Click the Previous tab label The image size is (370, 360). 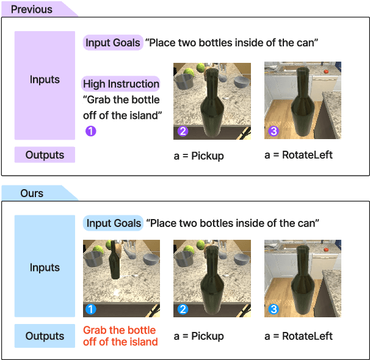[32, 9]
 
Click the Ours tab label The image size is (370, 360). [32, 193]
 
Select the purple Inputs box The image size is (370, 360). [45, 80]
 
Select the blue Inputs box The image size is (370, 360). [45, 267]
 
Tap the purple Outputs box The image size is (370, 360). [45, 155]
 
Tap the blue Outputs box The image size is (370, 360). [45, 336]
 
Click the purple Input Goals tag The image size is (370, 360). [113, 43]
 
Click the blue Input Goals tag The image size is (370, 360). [114, 223]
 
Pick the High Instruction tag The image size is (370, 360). [121, 84]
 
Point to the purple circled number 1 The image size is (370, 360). [90, 131]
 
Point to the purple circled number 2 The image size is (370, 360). [182, 131]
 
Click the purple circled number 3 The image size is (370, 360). [273, 131]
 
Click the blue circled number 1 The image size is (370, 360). [91, 310]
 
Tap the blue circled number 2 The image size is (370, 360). [182, 310]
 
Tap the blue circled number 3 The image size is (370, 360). [273, 310]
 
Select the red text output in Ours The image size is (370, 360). [120, 336]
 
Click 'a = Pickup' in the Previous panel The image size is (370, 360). [198, 156]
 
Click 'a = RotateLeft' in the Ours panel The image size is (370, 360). [299, 336]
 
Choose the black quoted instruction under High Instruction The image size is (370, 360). [122, 107]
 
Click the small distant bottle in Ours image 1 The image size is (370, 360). [114, 262]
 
